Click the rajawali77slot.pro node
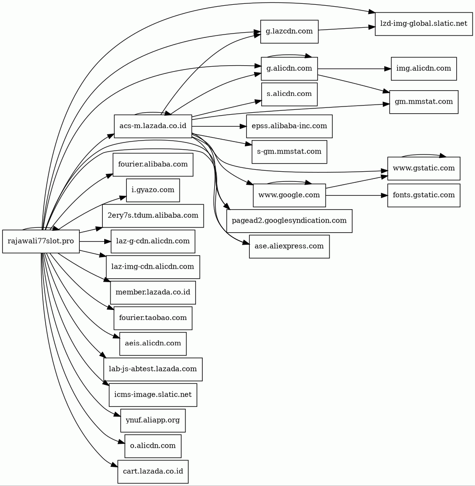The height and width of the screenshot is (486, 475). tap(41, 241)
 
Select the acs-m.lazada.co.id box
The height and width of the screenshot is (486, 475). tap(153, 126)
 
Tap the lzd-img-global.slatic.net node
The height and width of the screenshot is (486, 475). tap(423, 24)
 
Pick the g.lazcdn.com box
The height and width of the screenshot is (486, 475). tap(289, 32)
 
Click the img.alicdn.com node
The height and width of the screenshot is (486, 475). tap(423, 69)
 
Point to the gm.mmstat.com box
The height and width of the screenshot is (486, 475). tap(423, 102)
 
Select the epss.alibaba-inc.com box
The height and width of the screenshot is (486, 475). tap(289, 126)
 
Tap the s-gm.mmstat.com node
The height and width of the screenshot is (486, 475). tap(289, 152)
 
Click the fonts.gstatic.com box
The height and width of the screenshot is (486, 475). tap(423, 195)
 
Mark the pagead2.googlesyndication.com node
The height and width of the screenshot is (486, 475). tap(289, 221)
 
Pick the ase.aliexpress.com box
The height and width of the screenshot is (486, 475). tap(289, 246)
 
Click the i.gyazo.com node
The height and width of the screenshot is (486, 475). tap(153, 190)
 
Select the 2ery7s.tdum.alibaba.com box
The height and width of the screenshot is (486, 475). tap(153, 215)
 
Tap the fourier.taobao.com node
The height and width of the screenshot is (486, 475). tap(153, 318)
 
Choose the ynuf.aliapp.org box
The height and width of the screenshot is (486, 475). tap(153, 420)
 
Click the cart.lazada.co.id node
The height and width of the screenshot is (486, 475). tap(153, 472)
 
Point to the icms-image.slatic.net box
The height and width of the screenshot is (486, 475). tap(153, 395)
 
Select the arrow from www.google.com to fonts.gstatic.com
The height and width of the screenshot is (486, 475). tap(355, 195)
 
